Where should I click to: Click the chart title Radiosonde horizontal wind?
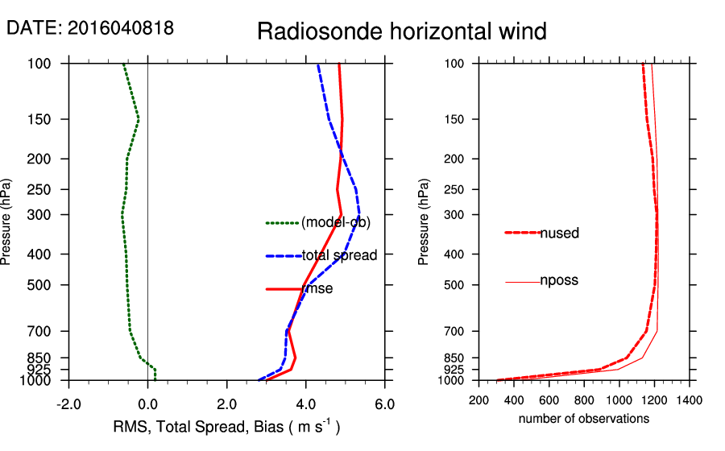click(x=402, y=31)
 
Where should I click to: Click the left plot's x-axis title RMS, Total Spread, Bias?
click(x=226, y=426)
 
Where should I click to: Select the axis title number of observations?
click(x=583, y=418)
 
